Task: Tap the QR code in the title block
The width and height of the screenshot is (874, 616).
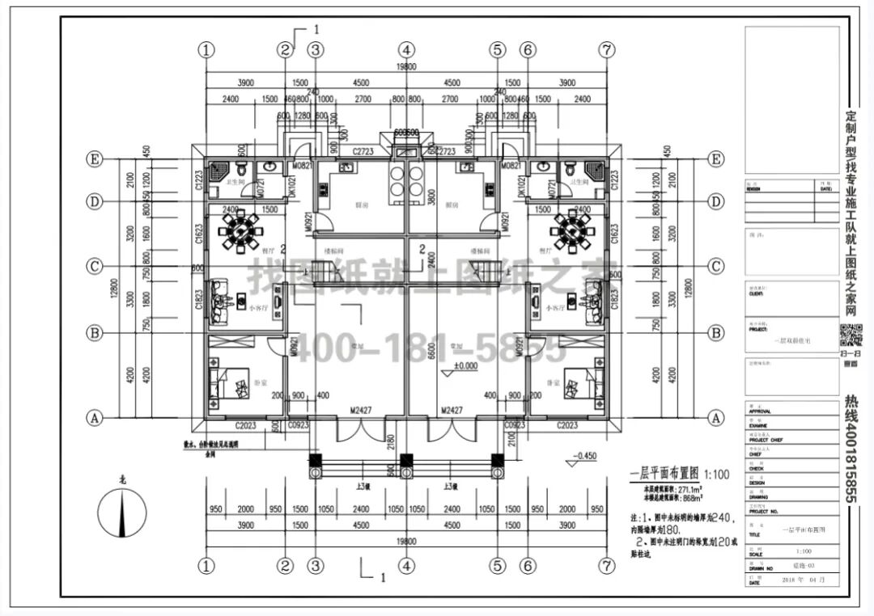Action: [x=851, y=333]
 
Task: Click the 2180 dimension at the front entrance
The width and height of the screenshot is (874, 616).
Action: [x=392, y=442]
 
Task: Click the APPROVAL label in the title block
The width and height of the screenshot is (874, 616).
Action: [x=761, y=411]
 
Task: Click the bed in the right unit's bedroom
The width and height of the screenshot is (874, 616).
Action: [x=576, y=381]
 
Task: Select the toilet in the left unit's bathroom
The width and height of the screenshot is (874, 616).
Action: [x=243, y=169]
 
